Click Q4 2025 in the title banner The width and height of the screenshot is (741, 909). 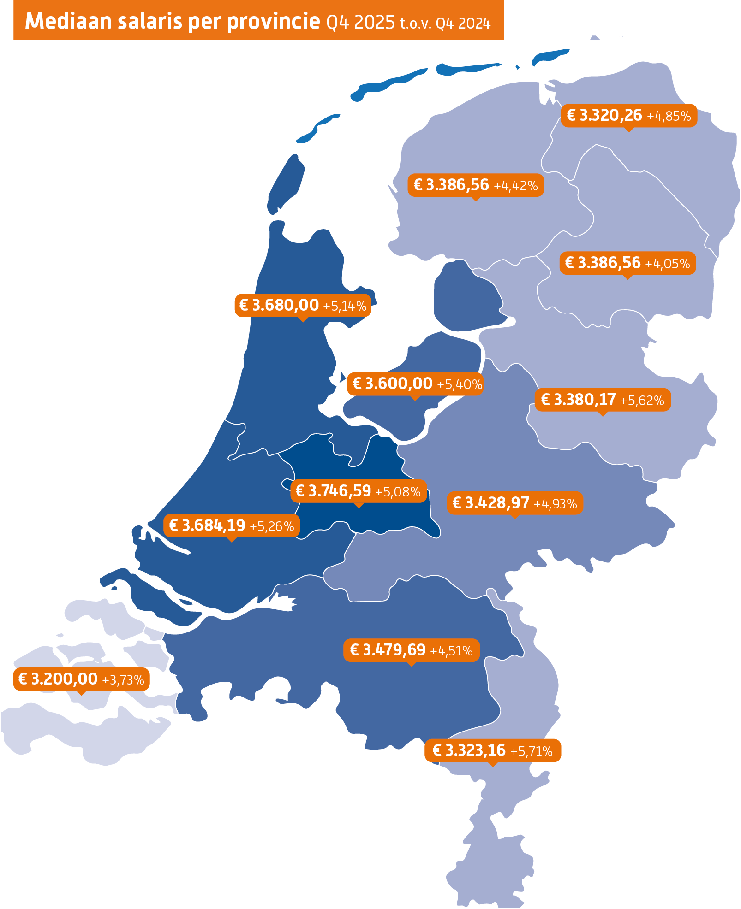pos(360,22)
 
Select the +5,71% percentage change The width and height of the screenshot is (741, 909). pos(531,751)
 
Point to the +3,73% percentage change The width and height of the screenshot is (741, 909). pos(123,680)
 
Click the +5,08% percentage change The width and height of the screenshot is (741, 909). pos(398,492)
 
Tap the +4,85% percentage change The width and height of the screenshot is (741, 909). pos(669,116)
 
